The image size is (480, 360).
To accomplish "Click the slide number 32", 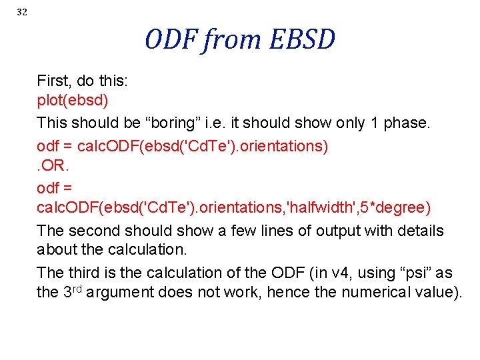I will pyautogui.click(x=22, y=13).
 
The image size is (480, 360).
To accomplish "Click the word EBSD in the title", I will pyautogui.click(x=302, y=40).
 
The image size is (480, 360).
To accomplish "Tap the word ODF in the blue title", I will pyautogui.click(x=173, y=40).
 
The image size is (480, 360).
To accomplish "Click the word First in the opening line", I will pyautogui.click(x=54, y=82).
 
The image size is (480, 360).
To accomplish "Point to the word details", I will pyautogui.click(x=417, y=231).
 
